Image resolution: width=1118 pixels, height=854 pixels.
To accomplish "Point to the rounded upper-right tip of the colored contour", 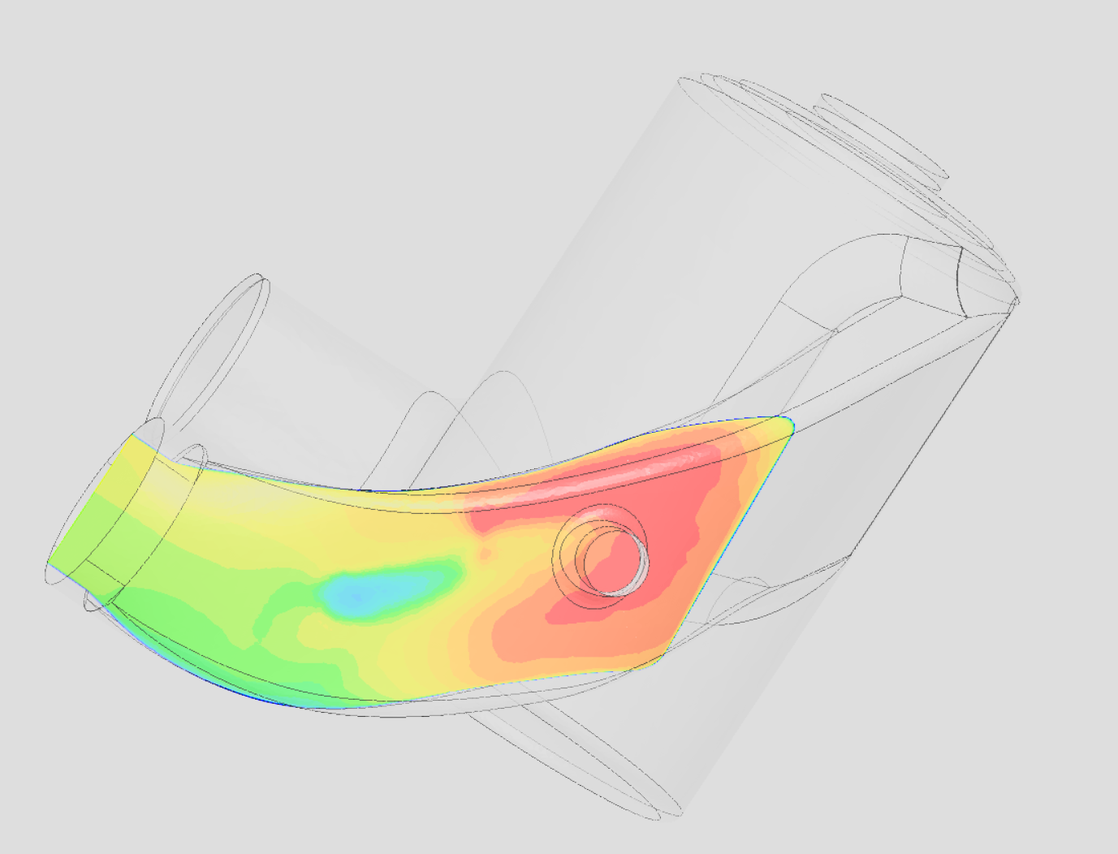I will pyautogui.click(x=786, y=422).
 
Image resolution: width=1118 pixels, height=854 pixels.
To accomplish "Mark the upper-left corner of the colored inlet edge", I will pyautogui.click(x=130, y=437).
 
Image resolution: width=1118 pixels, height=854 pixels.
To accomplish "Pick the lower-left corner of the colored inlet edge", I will pyautogui.click(x=49, y=568).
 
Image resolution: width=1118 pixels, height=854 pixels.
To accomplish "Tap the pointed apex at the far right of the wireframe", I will pyautogui.click(x=1017, y=301).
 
